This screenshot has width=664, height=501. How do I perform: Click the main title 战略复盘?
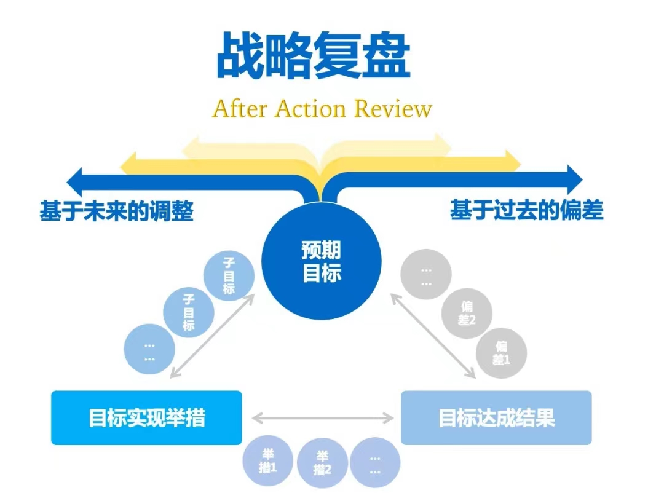pyautogui.click(x=314, y=57)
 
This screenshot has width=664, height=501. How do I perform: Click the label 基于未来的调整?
pyautogui.click(x=117, y=211)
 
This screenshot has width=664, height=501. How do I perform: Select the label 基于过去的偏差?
pyautogui.click(x=527, y=211)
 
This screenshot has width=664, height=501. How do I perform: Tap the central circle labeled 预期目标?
pyautogui.click(x=322, y=261)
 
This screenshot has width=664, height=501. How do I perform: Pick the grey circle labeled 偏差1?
pyautogui.click(x=502, y=353)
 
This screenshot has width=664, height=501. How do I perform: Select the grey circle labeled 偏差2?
pyautogui.click(x=467, y=312)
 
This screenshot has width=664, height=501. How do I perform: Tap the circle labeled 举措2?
pyautogui.click(x=322, y=463)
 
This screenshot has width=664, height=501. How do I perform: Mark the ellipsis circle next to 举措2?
pyautogui.click(x=375, y=463)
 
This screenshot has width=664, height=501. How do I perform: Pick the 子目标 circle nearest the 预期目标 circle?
pyautogui.click(x=229, y=277)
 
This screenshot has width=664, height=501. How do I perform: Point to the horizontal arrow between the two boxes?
pyautogui.click(x=323, y=419)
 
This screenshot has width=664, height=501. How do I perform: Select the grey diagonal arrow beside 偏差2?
pyautogui.click(x=433, y=336)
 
